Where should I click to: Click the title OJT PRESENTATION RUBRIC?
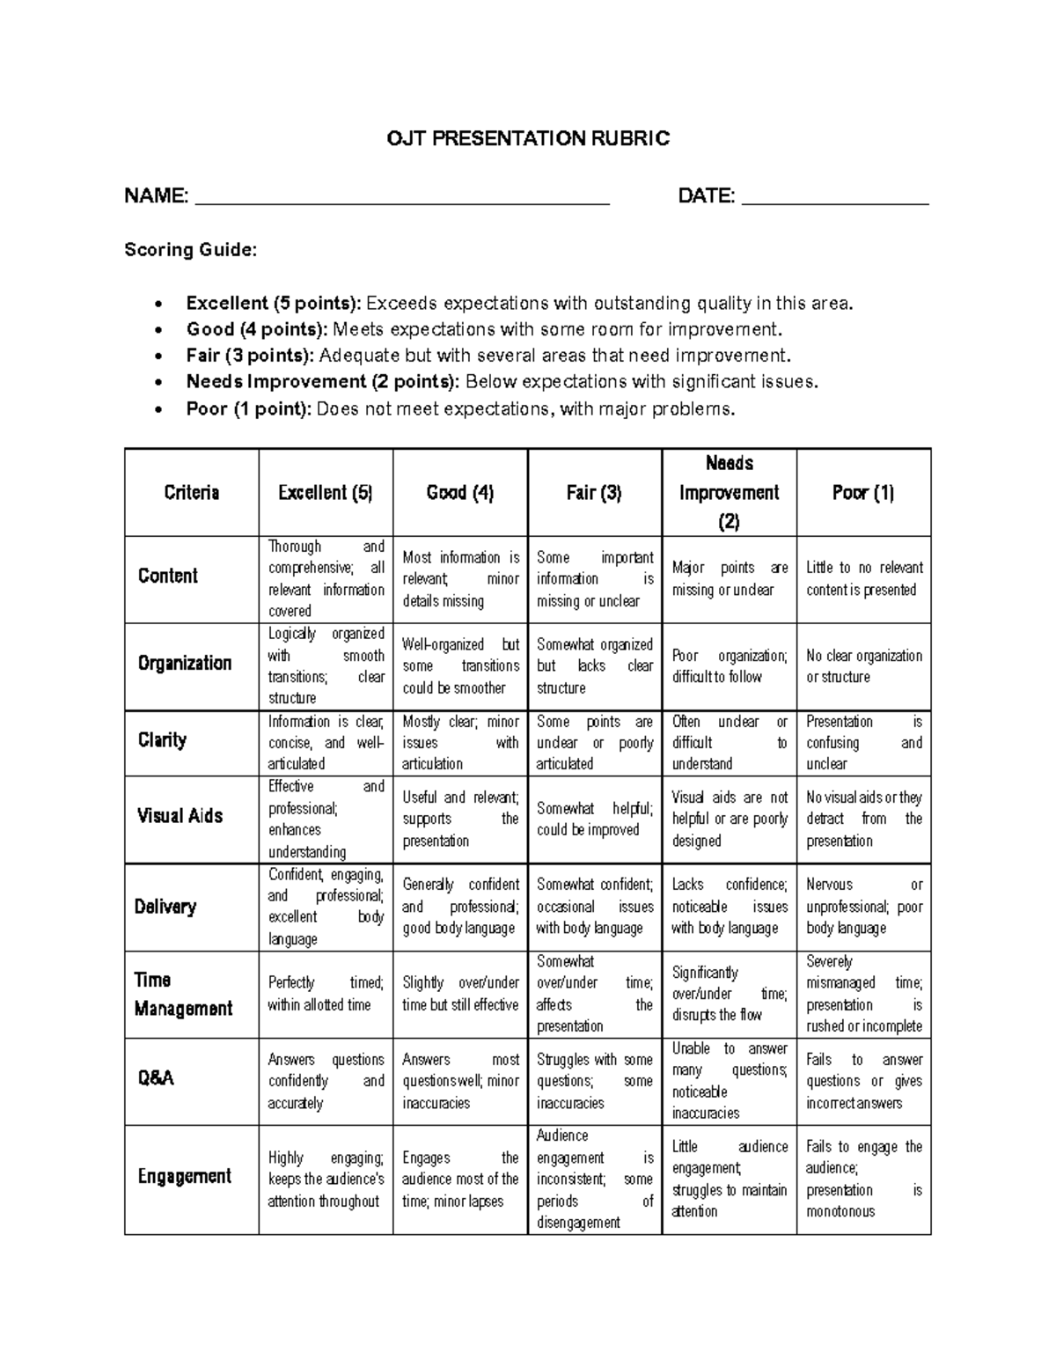click(x=528, y=138)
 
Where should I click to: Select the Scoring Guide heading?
click(x=190, y=250)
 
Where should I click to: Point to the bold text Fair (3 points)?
click(x=249, y=356)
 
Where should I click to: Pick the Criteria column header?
click(x=191, y=492)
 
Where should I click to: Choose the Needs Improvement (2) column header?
click(x=729, y=492)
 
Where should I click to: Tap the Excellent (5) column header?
click(x=326, y=493)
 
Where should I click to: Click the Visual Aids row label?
click(x=180, y=816)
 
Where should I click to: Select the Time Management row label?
click(x=182, y=994)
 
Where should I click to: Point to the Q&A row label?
click(x=156, y=1077)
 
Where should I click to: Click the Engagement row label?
click(x=184, y=1176)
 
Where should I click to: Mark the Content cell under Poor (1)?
click(x=863, y=578)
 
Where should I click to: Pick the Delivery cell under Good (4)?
click(x=459, y=906)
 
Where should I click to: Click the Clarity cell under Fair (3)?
click(x=594, y=743)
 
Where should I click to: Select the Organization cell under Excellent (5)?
click(x=326, y=665)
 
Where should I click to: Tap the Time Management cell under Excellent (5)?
click(x=326, y=993)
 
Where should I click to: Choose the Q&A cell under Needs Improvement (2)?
click(x=729, y=1080)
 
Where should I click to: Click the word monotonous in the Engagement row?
click(x=840, y=1211)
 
